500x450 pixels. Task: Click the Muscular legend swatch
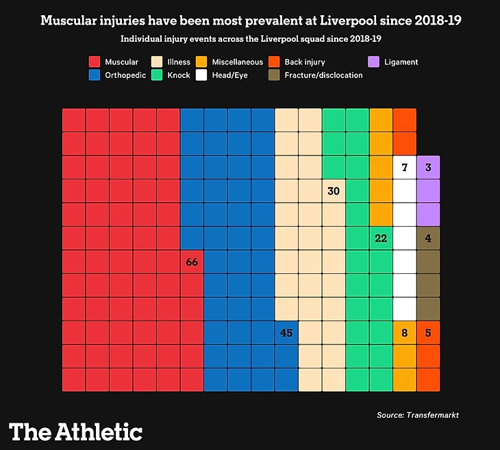point(96,62)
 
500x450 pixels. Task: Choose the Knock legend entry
point(178,75)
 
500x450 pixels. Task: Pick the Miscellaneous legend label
point(237,62)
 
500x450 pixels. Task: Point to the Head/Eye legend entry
point(231,75)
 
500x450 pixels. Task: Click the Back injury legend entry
point(305,62)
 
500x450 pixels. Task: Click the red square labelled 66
point(192,262)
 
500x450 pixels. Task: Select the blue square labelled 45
point(286,333)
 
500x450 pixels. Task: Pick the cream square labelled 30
point(334,191)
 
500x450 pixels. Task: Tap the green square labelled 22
point(381,238)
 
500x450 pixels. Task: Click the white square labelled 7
point(405,168)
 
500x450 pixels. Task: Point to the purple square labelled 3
point(428,168)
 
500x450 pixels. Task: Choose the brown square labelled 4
point(428,238)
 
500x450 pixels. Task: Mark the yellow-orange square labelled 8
point(405,333)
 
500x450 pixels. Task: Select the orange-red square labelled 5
point(428,333)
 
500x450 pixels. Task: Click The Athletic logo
point(76,432)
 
